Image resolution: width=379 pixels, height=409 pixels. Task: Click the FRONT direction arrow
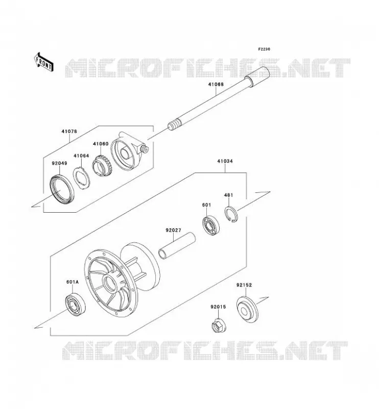[44, 62]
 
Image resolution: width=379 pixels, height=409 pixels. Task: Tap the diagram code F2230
[264, 49]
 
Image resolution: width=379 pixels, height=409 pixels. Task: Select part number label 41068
[216, 84]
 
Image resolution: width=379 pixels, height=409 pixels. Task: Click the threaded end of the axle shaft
[174, 125]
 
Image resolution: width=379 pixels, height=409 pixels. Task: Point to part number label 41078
[69, 131]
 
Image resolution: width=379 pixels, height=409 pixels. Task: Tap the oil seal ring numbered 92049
[62, 189]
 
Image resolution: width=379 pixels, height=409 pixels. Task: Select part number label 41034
[225, 161]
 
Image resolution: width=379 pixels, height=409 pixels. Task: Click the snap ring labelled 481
[231, 214]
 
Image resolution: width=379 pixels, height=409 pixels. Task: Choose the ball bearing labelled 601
[211, 226]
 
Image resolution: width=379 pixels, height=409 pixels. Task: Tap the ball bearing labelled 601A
[75, 304]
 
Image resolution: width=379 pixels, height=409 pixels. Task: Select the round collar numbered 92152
[247, 309]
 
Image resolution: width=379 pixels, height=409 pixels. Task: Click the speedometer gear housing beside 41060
[130, 152]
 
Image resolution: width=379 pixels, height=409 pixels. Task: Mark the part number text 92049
[59, 163]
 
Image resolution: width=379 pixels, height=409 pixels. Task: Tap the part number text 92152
[244, 285]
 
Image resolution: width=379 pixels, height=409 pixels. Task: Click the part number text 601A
[73, 282]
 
